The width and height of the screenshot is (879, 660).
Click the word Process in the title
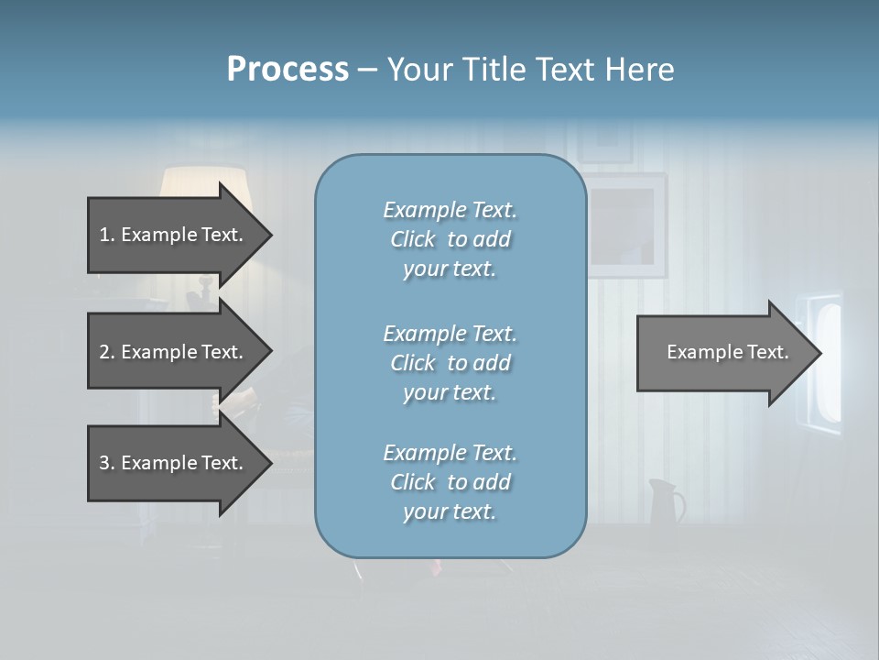point(288,70)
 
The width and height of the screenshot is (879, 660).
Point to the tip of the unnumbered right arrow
point(819,353)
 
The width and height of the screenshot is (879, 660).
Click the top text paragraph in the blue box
point(450,239)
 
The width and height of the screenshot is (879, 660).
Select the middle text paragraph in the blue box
point(450,363)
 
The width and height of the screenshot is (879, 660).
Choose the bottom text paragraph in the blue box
point(450,482)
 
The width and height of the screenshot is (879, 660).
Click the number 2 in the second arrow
point(104,352)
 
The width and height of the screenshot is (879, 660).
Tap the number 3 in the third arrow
point(104,463)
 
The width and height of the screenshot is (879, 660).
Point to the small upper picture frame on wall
point(604,142)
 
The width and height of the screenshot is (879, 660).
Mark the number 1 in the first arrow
point(104,235)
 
